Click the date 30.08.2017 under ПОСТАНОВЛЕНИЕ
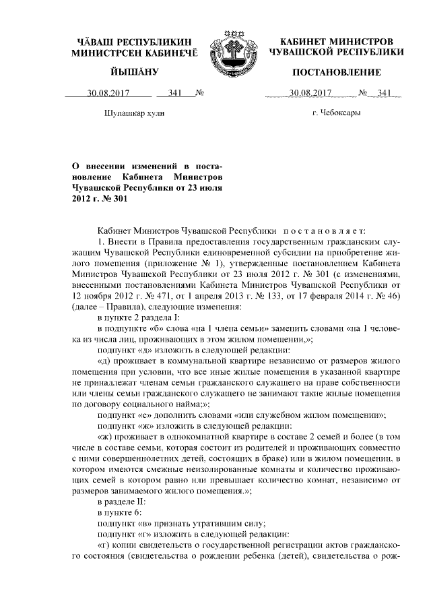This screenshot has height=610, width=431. point(310,93)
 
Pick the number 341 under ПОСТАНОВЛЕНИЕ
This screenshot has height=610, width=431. point(385,93)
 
